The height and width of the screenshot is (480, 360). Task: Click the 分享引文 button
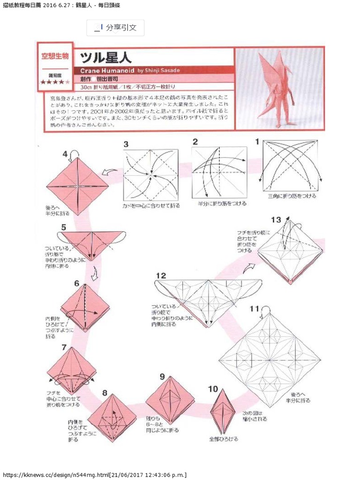coord(115,28)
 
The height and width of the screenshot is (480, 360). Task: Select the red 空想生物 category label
coord(55,56)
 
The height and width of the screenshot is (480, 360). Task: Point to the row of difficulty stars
coord(55,82)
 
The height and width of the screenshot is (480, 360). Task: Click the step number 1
coord(257,141)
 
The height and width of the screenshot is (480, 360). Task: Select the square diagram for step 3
coord(150,174)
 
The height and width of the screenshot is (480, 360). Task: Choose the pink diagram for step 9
coord(170,400)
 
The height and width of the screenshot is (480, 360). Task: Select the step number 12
coord(161,276)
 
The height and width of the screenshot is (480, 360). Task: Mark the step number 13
coord(276,219)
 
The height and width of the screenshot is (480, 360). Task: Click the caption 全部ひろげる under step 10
coord(223,439)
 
